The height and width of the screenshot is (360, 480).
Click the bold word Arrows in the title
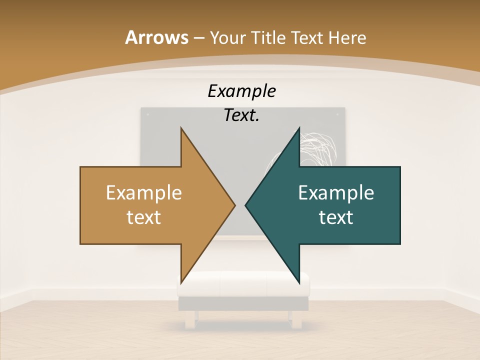pyautogui.click(x=155, y=37)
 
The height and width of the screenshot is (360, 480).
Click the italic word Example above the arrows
pyautogui.click(x=241, y=91)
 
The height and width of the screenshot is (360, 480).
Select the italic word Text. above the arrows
pyautogui.click(x=241, y=115)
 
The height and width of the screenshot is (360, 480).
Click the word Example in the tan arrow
pyautogui.click(x=144, y=192)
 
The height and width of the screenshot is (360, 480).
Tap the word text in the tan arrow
pyautogui.click(x=144, y=217)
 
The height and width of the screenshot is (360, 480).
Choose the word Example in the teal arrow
pyautogui.click(x=336, y=192)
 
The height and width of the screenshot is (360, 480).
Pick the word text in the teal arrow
pyautogui.click(x=336, y=217)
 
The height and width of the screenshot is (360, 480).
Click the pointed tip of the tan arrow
pyautogui.click(x=234, y=205)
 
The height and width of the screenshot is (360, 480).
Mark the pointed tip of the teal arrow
pyautogui.click(x=246, y=205)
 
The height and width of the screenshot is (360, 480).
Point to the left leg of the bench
pyautogui.click(x=190, y=319)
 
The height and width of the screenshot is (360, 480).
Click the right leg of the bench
pyautogui.click(x=297, y=319)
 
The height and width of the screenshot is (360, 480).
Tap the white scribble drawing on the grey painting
pyautogui.click(x=320, y=147)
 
